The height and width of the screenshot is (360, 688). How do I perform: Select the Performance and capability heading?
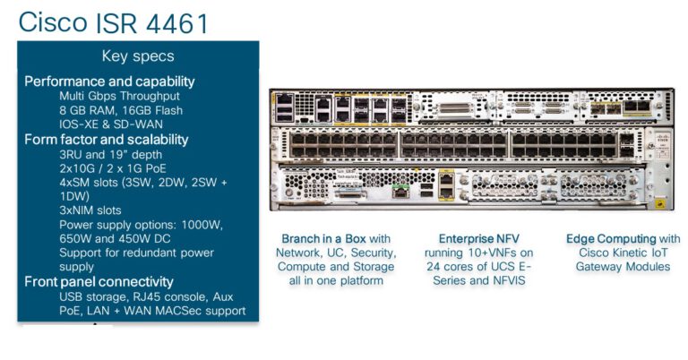pyautogui.click(x=109, y=81)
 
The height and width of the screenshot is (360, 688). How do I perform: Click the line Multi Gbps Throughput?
pyautogui.click(x=119, y=96)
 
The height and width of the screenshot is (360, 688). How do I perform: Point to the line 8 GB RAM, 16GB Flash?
pyautogui.click(x=121, y=110)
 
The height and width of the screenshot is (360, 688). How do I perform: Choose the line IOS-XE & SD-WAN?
pyautogui.click(x=111, y=124)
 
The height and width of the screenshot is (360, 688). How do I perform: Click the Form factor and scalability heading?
pyautogui.click(x=106, y=140)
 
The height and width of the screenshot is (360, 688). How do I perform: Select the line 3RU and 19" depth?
pyautogui.click(x=112, y=154)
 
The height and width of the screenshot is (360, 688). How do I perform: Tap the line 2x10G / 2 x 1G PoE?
pyautogui.click(x=117, y=167)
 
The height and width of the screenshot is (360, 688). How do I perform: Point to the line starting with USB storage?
pyautogui.click(x=148, y=296)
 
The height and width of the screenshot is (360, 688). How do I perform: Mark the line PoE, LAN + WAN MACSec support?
pyautogui.click(x=152, y=311)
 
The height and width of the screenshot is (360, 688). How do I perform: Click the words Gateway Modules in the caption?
pyautogui.click(x=623, y=267)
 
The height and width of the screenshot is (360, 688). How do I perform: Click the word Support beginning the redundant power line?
pyautogui.click(x=83, y=253)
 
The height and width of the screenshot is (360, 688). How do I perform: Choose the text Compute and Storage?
pyautogui.click(x=336, y=267)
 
